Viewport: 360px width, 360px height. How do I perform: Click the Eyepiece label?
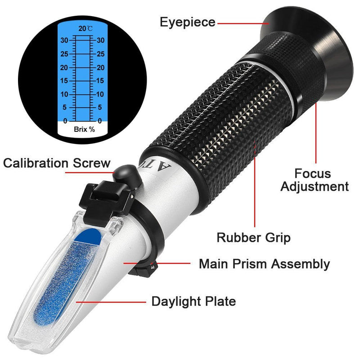click(x=188, y=22)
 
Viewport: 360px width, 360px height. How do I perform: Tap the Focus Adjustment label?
click(x=315, y=180)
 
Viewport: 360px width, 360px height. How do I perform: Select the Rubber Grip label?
click(x=253, y=237)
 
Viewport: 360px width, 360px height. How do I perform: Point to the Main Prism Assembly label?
click(x=264, y=264)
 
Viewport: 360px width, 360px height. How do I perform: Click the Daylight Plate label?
click(x=193, y=301)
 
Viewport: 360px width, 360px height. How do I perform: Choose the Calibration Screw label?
click(x=57, y=162)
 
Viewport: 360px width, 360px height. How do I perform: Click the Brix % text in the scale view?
click(x=84, y=129)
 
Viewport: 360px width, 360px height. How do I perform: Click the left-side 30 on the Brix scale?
click(x=65, y=40)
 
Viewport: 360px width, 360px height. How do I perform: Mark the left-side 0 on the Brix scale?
click(x=66, y=121)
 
